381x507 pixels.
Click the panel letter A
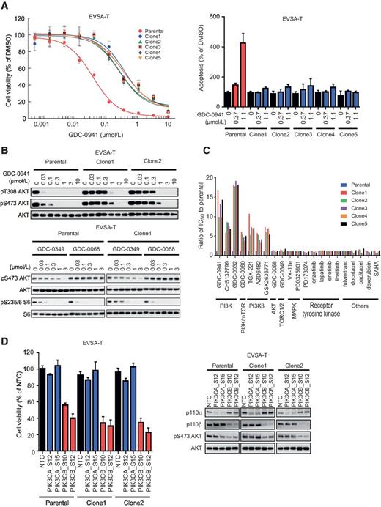point(5,5)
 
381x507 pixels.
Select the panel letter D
point(5,338)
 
